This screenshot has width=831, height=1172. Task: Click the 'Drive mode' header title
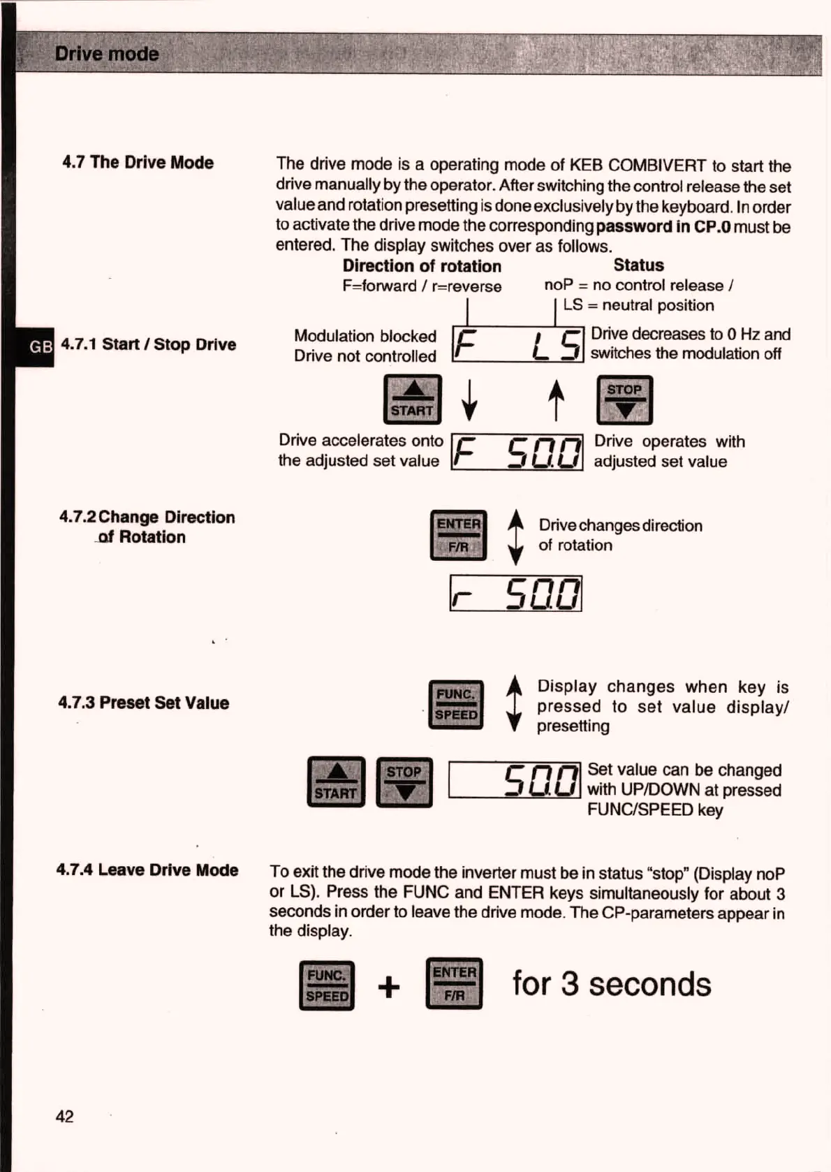[x=107, y=54]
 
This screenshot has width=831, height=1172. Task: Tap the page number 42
[x=64, y=1116]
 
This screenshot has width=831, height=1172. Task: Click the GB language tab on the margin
[x=40, y=346]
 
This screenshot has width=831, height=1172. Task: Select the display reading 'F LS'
[x=517, y=344]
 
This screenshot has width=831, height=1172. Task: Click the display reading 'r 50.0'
[x=515, y=594]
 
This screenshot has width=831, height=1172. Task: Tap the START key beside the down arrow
[x=413, y=400]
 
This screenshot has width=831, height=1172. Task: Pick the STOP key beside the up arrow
[x=624, y=400]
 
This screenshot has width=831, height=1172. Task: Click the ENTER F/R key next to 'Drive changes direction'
[x=458, y=535]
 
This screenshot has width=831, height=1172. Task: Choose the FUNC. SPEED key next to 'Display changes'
[x=456, y=705]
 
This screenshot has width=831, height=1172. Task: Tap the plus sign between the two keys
[x=389, y=987]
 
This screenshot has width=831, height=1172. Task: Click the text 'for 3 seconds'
[x=612, y=984]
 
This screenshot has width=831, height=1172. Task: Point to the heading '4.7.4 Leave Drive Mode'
[x=147, y=870]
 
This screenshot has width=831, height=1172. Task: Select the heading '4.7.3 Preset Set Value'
[x=144, y=703]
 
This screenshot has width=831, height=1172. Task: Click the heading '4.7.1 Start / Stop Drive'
[x=149, y=344]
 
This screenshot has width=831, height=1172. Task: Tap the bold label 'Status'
[x=638, y=265]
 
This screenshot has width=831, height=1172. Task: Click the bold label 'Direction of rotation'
[x=422, y=266]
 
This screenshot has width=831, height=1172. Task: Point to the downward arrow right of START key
[x=471, y=400]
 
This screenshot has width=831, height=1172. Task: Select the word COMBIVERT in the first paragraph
[x=657, y=166]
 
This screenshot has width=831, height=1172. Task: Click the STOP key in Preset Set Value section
[x=404, y=782]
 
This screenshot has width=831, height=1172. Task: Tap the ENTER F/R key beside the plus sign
[x=454, y=983]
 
